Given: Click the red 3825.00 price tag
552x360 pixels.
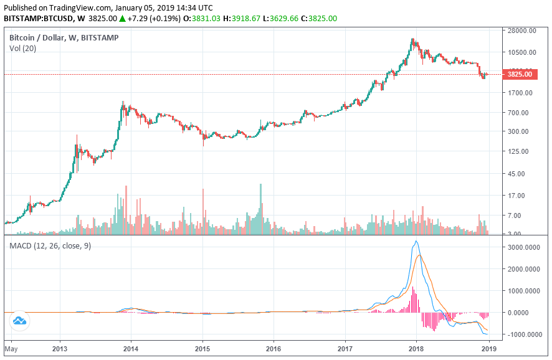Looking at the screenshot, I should point(519,74).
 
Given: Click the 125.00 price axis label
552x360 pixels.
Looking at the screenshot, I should point(518,151).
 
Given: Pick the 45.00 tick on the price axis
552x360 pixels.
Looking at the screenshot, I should point(516,174).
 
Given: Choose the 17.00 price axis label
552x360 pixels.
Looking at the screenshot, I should point(516,196).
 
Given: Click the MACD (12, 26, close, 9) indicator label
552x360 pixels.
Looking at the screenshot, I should point(50,246).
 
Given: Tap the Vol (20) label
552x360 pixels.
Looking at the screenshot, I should point(24,49).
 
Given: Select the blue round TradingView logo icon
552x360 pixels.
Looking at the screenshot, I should point(19,321).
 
